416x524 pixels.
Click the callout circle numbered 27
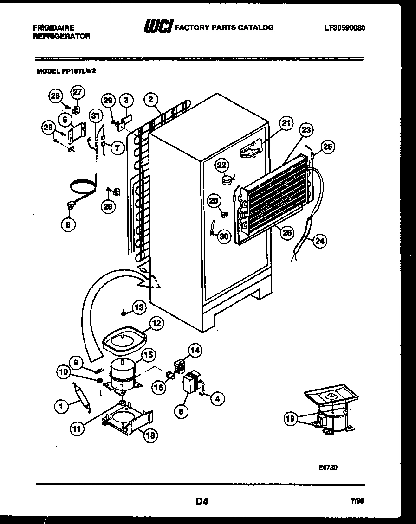click(77, 92)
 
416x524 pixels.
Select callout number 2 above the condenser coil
click(150, 99)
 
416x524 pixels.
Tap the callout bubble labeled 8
click(69, 225)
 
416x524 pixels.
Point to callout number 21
click(286, 123)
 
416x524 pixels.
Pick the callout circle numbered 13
click(139, 307)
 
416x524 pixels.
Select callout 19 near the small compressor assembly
click(290, 419)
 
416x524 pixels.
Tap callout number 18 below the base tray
click(150, 435)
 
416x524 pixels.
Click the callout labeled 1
click(60, 407)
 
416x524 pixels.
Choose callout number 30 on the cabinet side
click(224, 236)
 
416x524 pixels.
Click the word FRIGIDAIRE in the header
click(54, 28)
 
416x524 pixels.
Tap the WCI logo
click(158, 27)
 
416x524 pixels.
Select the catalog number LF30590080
click(345, 28)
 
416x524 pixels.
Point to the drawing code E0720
click(328, 467)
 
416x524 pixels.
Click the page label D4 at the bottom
click(201, 501)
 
